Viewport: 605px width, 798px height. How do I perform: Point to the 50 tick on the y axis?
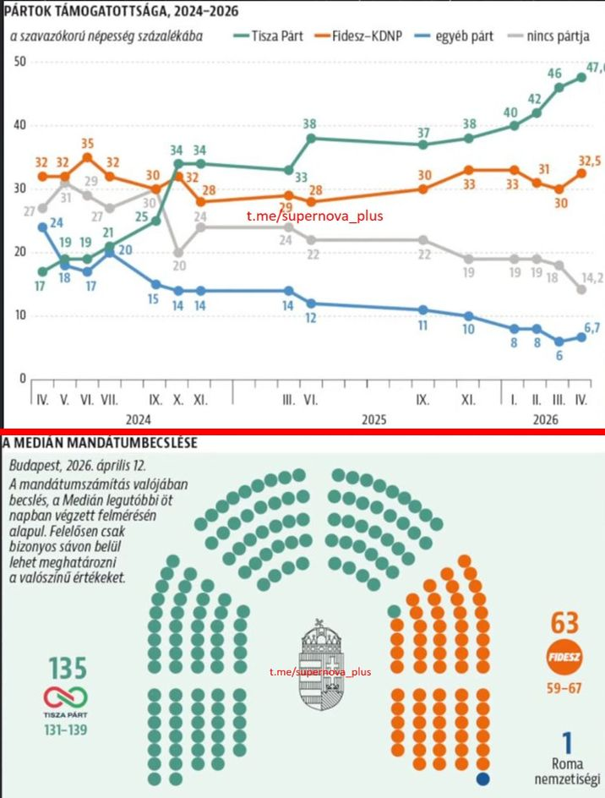pyautogui.click(x=20, y=62)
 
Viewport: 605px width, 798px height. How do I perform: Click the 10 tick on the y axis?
pyautogui.click(x=20, y=315)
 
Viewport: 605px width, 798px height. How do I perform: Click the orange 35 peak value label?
pyautogui.click(x=87, y=143)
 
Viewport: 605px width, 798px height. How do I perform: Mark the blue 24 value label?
pyautogui.click(x=57, y=223)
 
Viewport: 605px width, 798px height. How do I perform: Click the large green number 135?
pyautogui.click(x=67, y=668)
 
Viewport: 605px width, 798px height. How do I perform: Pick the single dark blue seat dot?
pyautogui.click(x=484, y=778)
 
